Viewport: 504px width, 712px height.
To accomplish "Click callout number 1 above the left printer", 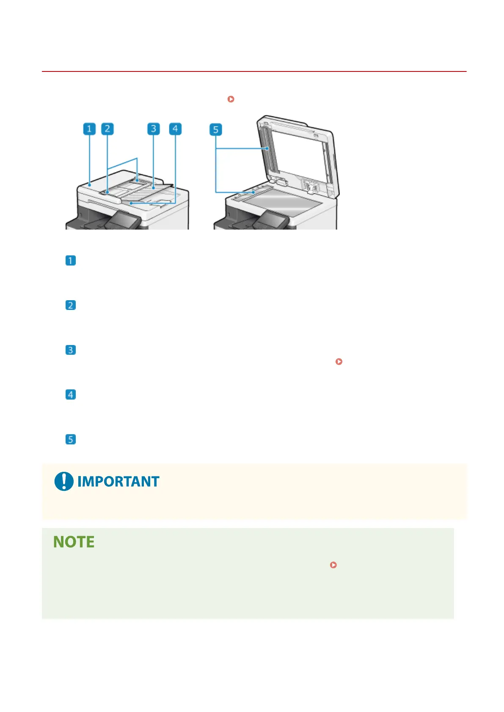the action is (89, 129).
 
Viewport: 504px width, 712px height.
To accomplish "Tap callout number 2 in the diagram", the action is (107, 129).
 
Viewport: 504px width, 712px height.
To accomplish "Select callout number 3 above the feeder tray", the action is (154, 129).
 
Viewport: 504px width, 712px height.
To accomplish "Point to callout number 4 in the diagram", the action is (175, 129).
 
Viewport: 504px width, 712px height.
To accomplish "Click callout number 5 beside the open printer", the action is (216, 129).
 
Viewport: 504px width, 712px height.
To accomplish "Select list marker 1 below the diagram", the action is (71, 260).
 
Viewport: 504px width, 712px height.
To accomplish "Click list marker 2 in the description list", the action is (71, 305).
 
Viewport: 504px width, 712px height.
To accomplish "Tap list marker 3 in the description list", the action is (71, 350).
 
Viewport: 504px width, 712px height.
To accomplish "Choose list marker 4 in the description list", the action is (71, 395).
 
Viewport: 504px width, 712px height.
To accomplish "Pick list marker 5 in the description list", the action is (71, 440).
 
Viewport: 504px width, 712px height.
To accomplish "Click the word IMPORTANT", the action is (118, 482).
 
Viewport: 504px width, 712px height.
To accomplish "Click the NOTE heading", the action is (74, 542).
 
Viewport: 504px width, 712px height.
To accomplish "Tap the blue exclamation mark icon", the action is (64, 482).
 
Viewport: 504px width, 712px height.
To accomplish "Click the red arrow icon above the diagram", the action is (231, 99).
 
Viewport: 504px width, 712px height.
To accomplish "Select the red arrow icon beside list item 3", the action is (339, 361).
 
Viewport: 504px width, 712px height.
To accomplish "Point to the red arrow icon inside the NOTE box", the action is (333, 565).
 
